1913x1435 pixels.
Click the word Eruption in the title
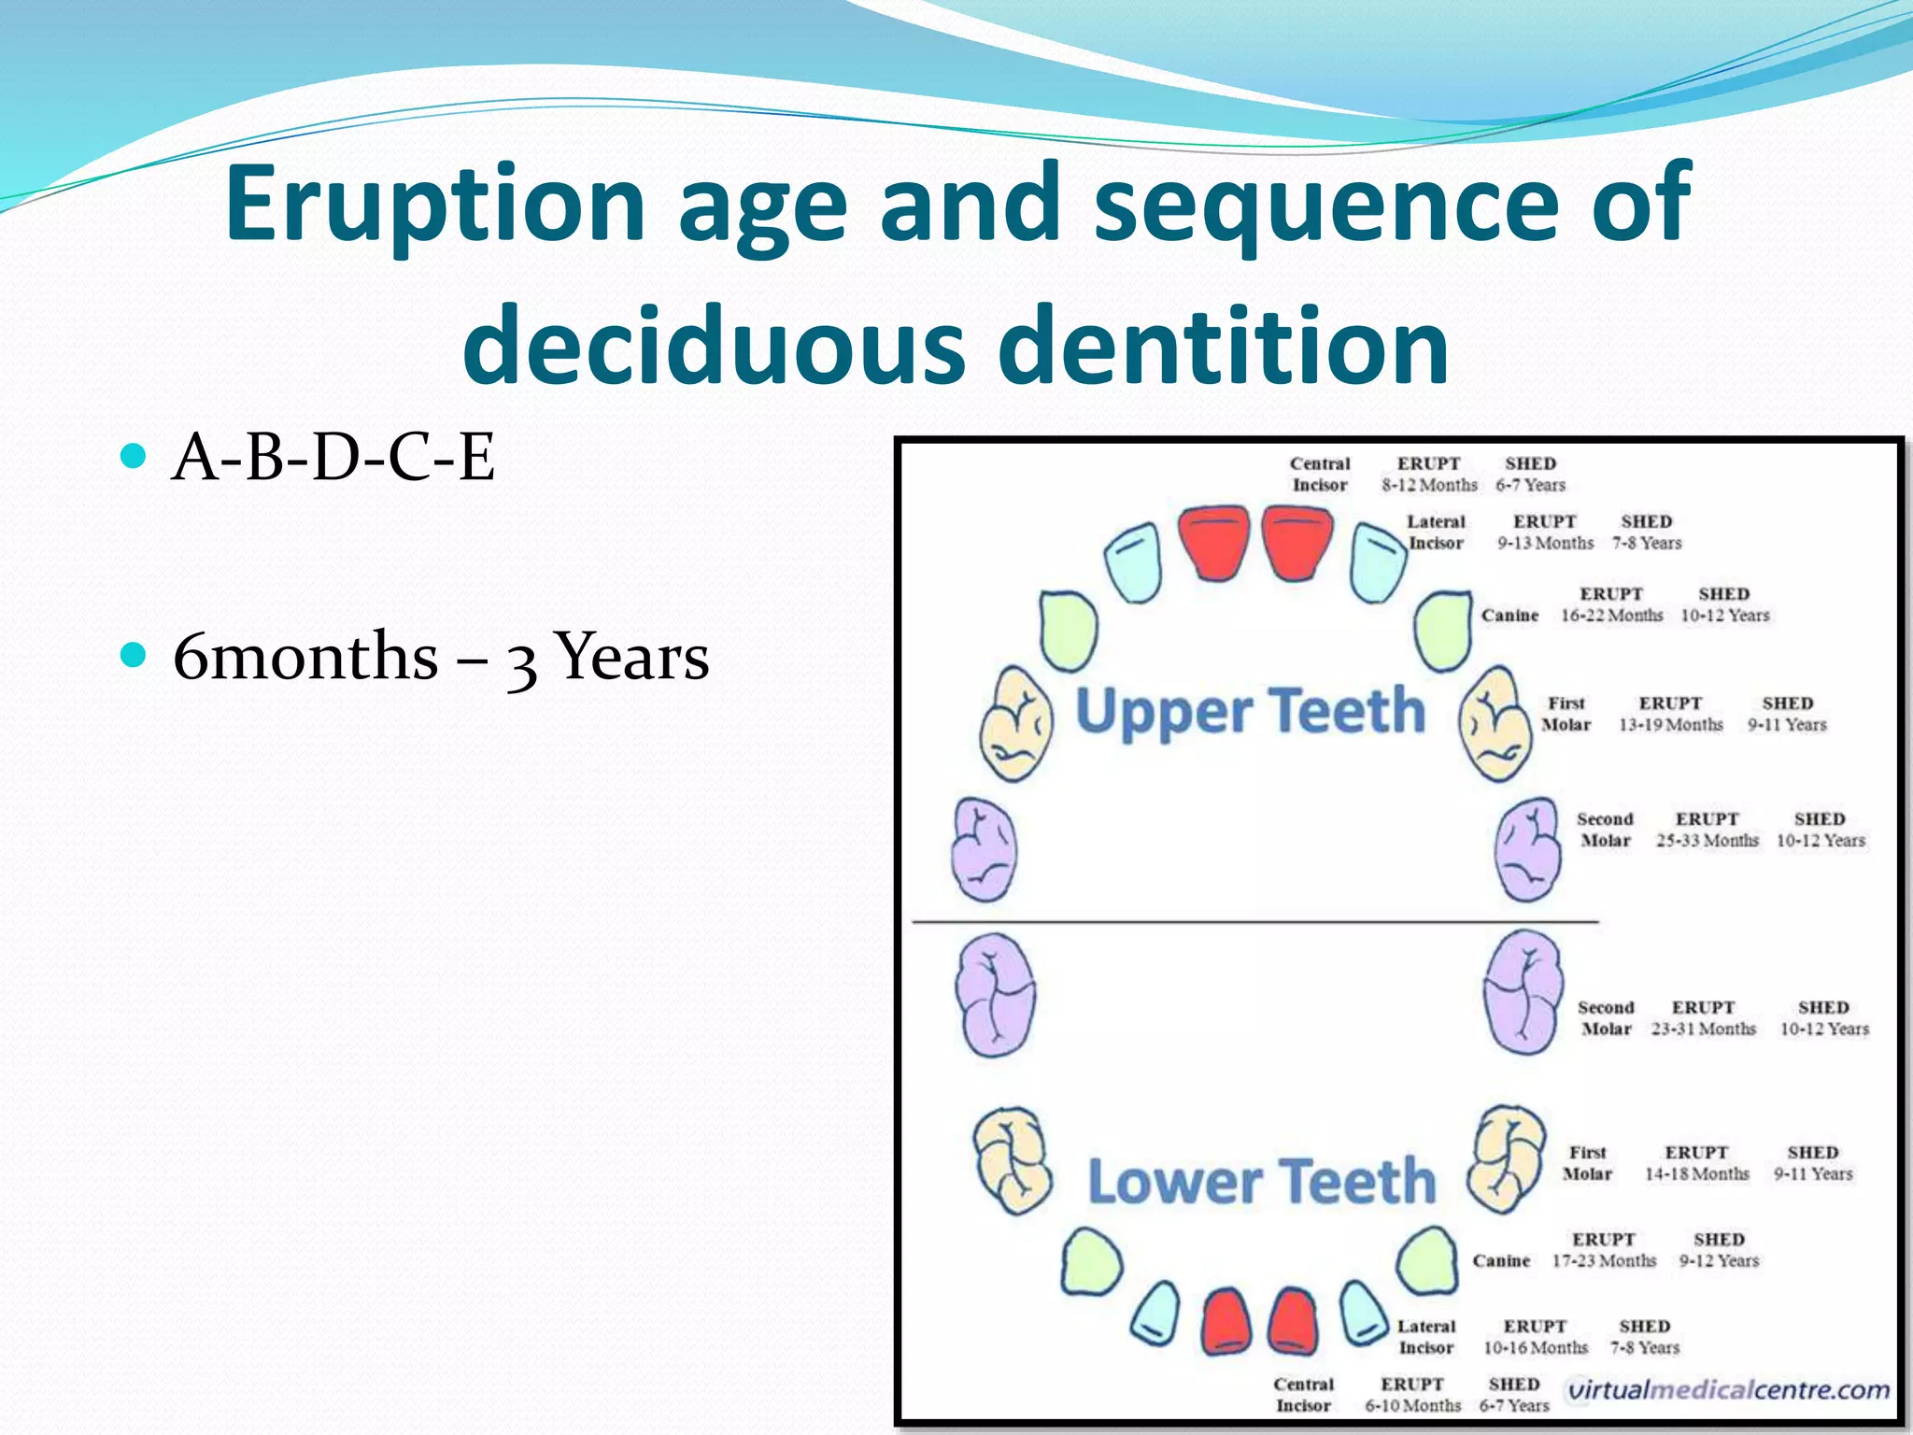click(x=435, y=203)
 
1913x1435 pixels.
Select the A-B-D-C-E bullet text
click(x=333, y=458)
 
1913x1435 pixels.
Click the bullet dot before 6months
click(x=135, y=654)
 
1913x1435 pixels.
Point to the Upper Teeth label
click(x=1250, y=712)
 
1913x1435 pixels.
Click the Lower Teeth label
click(x=1261, y=1182)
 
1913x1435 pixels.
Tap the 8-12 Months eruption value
click(x=1429, y=486)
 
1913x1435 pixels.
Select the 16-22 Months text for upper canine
click(x=1611, y=616)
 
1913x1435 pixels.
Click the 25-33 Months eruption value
click(x=1707, y=841)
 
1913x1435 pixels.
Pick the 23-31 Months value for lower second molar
click(x=1703, y=1030)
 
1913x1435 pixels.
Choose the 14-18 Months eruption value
click(x=1696, y=1174)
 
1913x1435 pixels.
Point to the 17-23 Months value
click(x=1604, y=1261)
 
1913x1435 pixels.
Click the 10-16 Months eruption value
click(x=1536, y=1348)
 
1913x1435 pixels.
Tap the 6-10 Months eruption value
click(x=1412, y=1406)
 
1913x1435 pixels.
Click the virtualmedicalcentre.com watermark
click(x=1728, y=1390)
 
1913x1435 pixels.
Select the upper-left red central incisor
click(x=1213, y=541)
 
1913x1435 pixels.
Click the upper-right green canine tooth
click(x=1443, y=630)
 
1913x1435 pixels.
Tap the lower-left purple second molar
click(x=995, y=995)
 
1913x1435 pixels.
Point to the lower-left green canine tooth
click(x=1091, y=1261)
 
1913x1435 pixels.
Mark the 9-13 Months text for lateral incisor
click(x=1545, y=544)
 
